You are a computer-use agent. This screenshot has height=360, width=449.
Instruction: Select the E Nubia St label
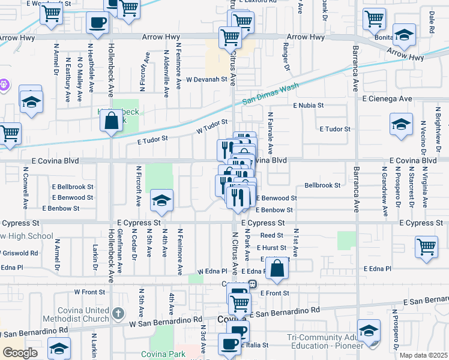(x=309, y=105)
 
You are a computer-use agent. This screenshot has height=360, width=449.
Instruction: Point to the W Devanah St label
(x=206, y=79)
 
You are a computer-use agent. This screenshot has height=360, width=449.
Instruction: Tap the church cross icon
(x=118, y=313)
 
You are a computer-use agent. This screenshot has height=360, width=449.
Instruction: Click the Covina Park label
(x=163, y=355)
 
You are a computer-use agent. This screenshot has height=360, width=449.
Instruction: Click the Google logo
(x=20, y=353)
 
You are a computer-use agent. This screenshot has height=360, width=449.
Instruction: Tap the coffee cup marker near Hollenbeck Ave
(x=97, y=23)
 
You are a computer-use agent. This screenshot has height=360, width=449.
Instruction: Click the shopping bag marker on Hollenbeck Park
(x=112, y=121)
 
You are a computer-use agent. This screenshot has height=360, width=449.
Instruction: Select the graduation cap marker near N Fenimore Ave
(x=161, y=201)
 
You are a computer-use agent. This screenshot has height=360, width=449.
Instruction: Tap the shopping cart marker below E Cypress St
(x=426, y=246)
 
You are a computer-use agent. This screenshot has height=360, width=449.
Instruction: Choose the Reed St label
(x=271, y=236)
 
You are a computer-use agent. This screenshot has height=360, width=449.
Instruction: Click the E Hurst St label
(x=271, y=247)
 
